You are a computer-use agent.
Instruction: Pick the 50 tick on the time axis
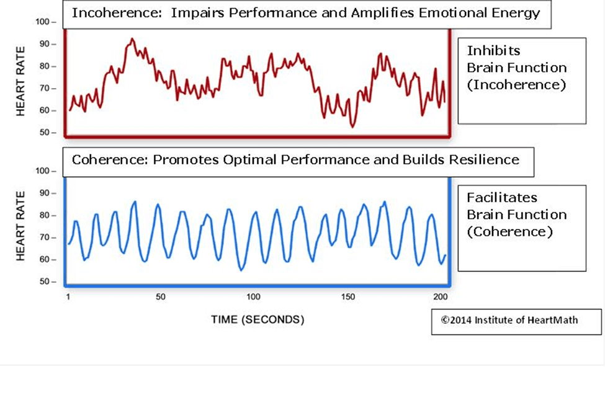point(161,298)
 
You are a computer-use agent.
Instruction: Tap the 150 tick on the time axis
point(348,298)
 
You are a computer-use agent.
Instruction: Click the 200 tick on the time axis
point(441,298)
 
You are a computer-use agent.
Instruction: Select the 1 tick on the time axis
point(68,298)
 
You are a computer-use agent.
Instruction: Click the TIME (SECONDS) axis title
point(258,320)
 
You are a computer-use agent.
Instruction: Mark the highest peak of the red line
point(132,38)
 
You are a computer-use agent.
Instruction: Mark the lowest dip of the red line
point(353,127)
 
